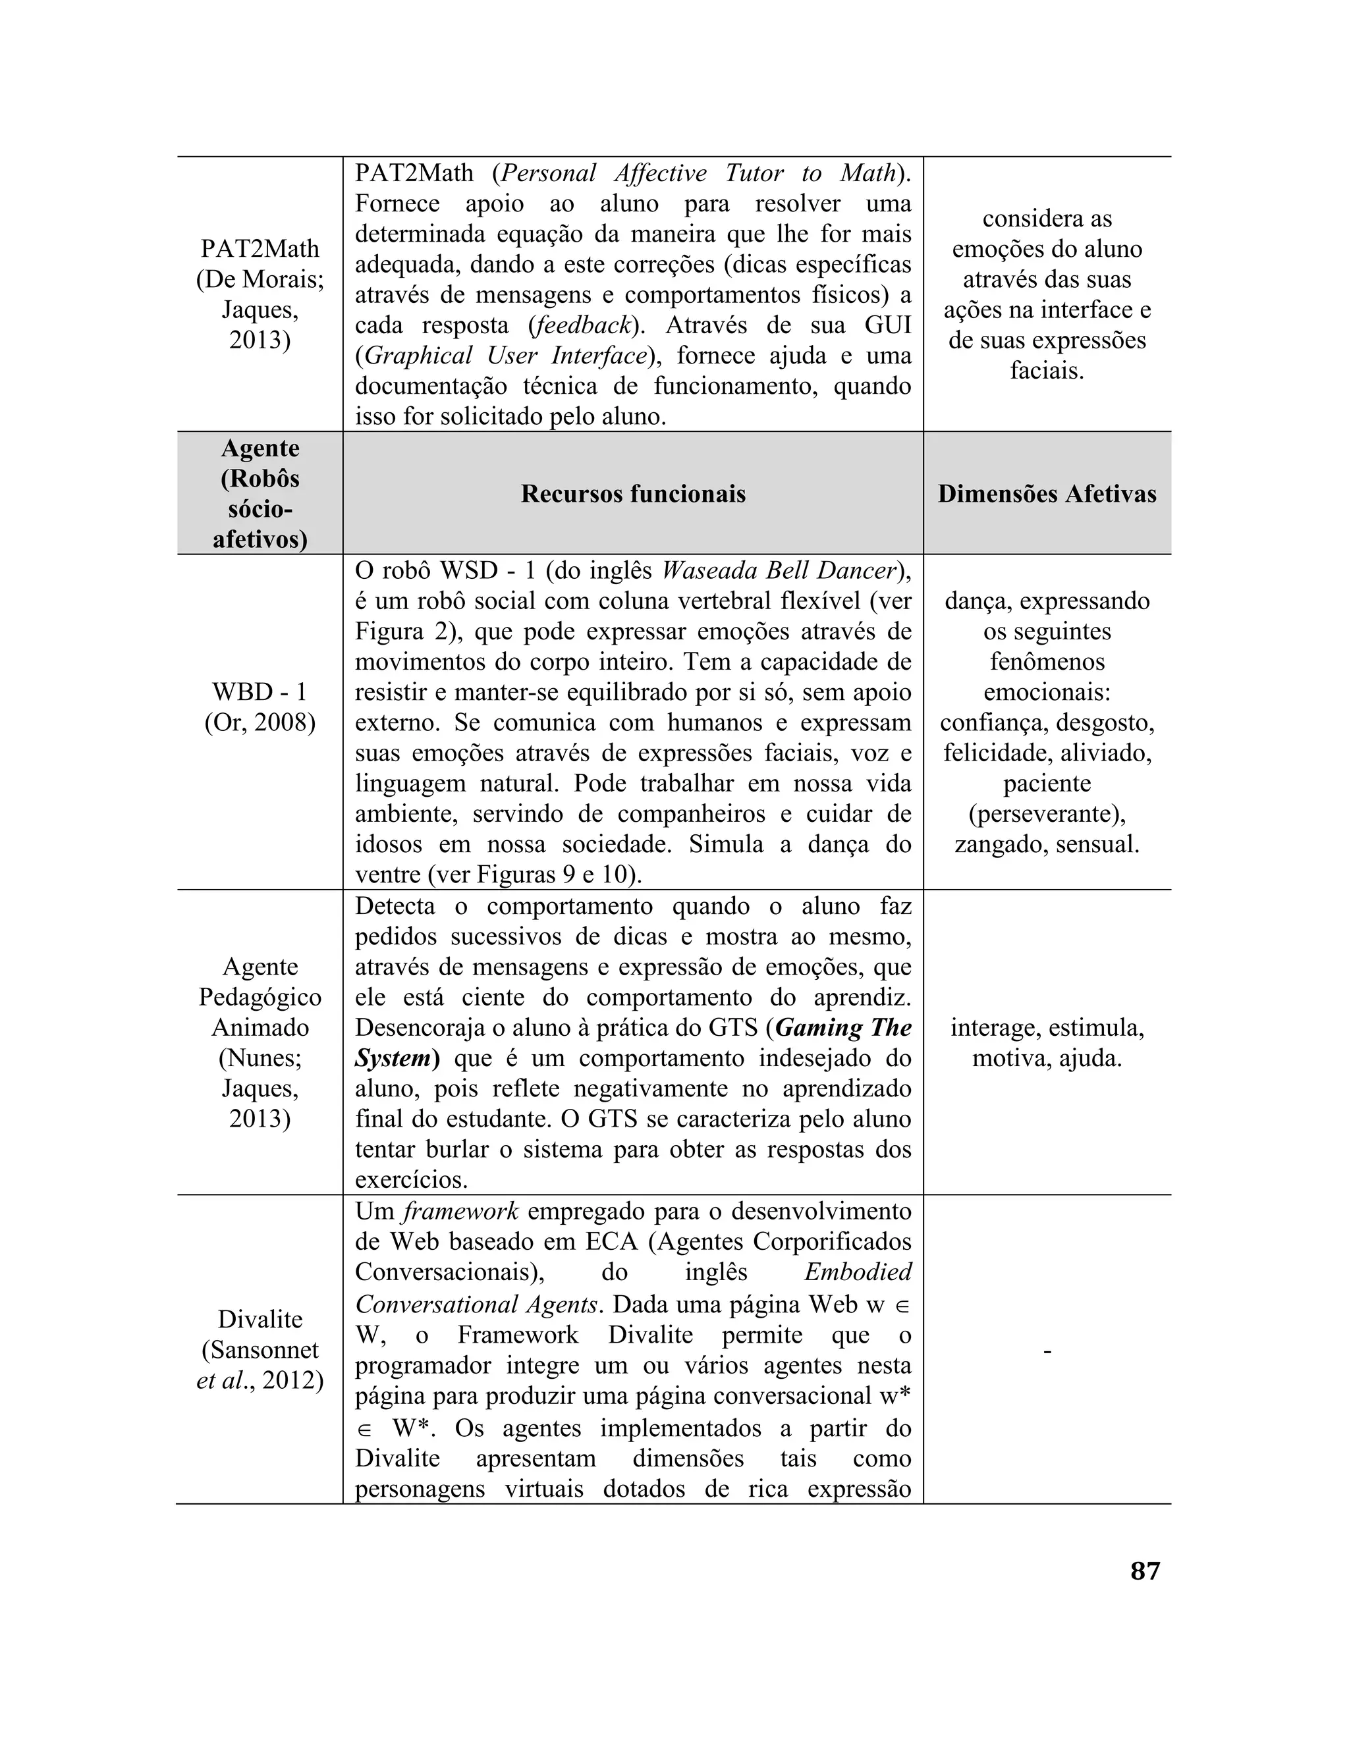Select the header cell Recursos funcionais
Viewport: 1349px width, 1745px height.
pos(633,494)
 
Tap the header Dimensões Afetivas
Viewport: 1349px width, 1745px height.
pos(1047,494)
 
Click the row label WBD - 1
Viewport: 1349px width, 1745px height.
pos(260,692)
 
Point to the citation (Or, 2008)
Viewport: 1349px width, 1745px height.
pos(260,722)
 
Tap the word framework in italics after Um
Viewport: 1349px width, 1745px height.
pos(460,1211)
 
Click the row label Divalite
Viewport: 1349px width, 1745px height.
pos(260,1319)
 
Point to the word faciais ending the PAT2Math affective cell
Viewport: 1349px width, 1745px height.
pos(1047,371)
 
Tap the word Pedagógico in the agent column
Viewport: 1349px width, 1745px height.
pos(260,997)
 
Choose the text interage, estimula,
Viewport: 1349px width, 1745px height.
pos(1047,1027)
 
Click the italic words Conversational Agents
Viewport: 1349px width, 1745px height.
pos(477,1304)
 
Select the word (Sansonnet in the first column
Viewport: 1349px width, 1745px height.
pos(260,1349)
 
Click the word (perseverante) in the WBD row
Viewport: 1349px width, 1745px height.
pos(1047,814)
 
